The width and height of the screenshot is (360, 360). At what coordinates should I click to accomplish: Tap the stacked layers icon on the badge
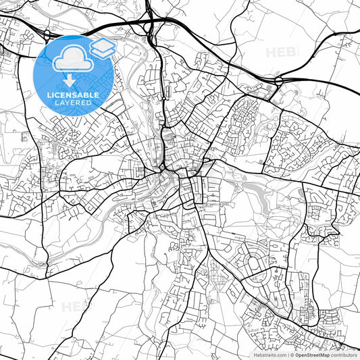pos(102,47)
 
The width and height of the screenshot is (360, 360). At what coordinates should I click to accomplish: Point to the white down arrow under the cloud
pos(70,82)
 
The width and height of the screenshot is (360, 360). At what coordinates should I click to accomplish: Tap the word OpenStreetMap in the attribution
pos(311,355)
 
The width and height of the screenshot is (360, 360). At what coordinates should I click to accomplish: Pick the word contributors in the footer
pos(344,355)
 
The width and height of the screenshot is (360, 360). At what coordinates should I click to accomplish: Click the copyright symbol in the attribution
pos(292,355)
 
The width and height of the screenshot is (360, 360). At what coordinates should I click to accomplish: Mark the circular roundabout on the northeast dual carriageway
pos(278,81)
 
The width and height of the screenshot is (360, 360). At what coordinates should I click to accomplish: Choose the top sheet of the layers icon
pos(102,43)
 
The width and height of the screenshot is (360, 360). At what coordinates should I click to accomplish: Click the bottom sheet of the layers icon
pos(102,53)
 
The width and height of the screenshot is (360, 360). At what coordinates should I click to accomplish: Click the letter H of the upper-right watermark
pos(271,52)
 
